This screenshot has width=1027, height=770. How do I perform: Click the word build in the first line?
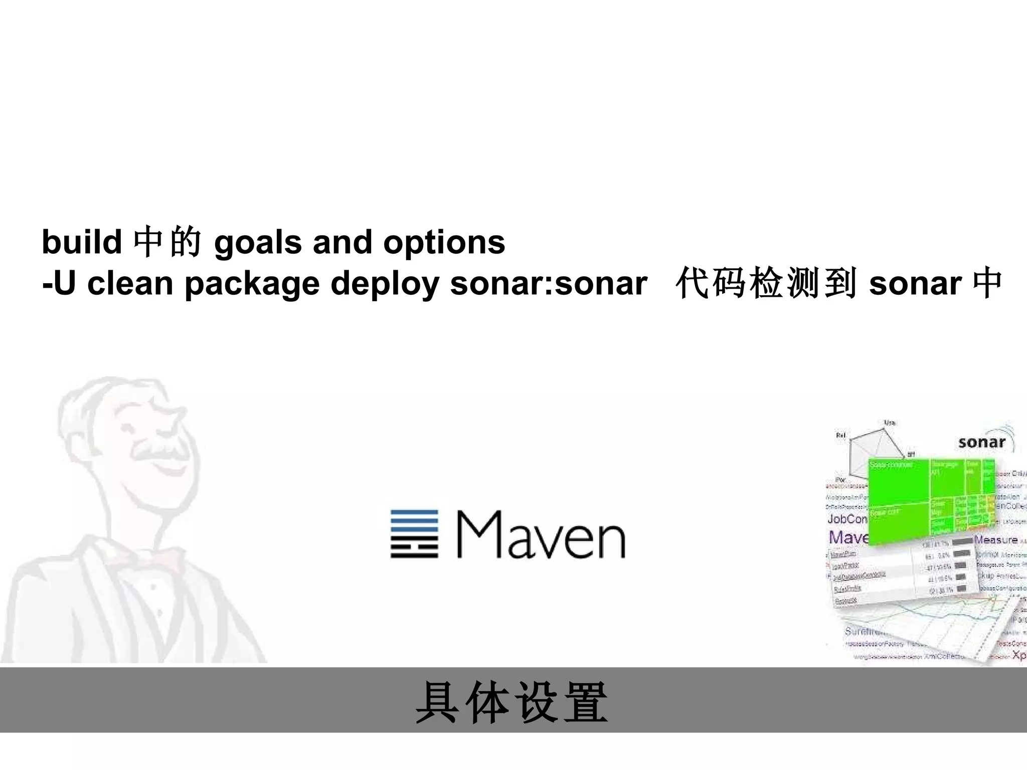click(82, 242)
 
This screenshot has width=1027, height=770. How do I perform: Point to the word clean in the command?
click(130, 284)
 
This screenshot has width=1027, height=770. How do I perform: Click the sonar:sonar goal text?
click(549, 284)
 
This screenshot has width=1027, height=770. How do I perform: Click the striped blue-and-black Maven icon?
click(414, 534)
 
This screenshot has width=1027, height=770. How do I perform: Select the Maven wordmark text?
click(541, 535)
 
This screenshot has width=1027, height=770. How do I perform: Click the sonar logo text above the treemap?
click(981, 442)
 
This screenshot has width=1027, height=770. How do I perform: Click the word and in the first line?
click(343, 242)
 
